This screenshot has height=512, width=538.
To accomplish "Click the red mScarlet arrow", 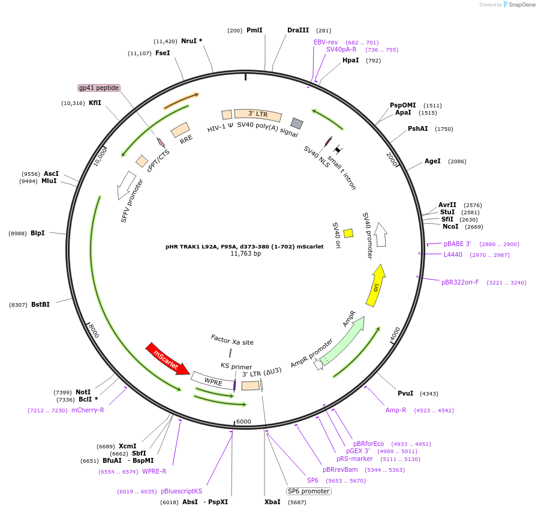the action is click(167, 358).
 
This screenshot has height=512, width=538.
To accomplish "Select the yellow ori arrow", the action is click(375, 285).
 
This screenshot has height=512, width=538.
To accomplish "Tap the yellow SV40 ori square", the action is click(348, 233).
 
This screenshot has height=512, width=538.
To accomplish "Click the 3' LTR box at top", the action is click(258, 115).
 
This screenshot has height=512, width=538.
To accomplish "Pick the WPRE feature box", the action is click(213, 381).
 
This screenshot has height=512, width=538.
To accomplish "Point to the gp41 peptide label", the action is click(99, 88).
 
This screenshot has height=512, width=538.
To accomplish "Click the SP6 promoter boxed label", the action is click(309, 491).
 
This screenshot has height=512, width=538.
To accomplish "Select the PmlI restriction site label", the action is click(254, 30).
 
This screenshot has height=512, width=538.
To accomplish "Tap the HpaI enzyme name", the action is click(351, 60).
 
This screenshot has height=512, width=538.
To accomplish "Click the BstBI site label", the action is click(41, 304).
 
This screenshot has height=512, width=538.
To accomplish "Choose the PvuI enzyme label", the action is click(405, 393).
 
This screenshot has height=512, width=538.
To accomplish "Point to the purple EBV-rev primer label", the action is click(326, 42).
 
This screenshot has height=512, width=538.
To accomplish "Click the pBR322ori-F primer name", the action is click(460, 282).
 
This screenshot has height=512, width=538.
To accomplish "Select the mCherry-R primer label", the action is click(88, 410).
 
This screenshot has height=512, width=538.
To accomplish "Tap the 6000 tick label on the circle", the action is click(244, 421).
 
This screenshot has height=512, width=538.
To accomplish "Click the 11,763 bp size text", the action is click(246, 253).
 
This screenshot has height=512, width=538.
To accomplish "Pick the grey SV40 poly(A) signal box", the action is click(297, 123).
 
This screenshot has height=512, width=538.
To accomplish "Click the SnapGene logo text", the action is click(522, 4).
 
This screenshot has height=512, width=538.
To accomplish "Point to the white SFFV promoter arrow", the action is click(126, 185).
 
